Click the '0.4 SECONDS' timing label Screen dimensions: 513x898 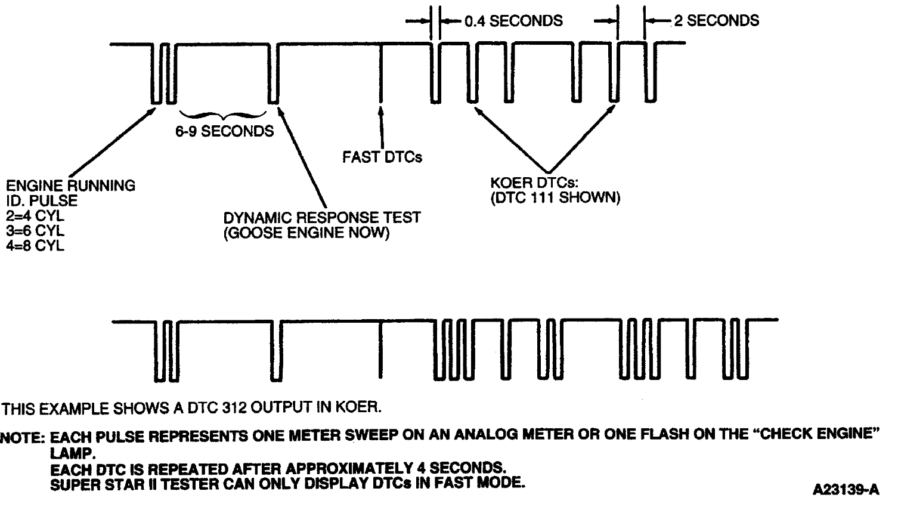[513, 21]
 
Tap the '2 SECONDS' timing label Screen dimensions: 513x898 [716, 21]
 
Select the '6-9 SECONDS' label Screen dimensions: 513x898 [224, 131]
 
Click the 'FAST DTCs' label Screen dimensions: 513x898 [382, 157]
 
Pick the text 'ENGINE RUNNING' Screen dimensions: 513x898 [70, 186]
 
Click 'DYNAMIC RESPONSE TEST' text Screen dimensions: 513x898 [321, 217]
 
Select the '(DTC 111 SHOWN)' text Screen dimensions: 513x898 [555, 197]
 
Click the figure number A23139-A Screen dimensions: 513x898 [846, 490]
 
